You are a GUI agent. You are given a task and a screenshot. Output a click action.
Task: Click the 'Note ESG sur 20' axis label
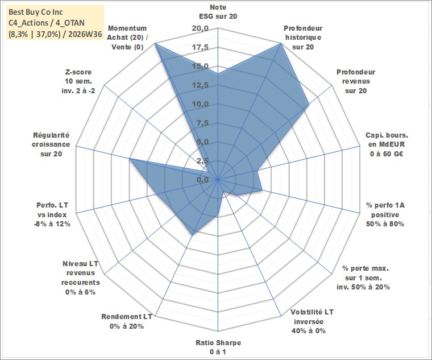[x=218, y=11]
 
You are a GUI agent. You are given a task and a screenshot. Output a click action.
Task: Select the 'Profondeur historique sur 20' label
[x=303, y=38]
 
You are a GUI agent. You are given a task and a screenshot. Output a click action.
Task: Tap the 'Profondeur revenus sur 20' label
[x=356, y=81]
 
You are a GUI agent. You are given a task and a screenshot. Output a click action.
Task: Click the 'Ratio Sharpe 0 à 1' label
[x=218, y=347]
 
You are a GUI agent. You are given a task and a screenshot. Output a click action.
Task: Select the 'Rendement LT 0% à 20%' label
[x=127, y=321]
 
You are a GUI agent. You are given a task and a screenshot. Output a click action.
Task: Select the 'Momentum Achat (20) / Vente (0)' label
[x=127, y=38]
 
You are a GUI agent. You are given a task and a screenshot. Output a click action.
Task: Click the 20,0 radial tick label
[x=200, y=28]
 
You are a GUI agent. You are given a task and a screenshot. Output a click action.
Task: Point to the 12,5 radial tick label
[x=200, y=85]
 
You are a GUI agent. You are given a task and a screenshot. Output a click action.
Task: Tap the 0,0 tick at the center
[x=203, y=180]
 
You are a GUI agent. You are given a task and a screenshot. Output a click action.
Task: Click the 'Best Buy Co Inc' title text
[x=36, y=12]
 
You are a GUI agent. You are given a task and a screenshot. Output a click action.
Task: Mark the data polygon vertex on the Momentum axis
[x=155, y=43]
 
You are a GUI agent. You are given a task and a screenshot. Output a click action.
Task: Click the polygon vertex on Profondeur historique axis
[x=281, y=43]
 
